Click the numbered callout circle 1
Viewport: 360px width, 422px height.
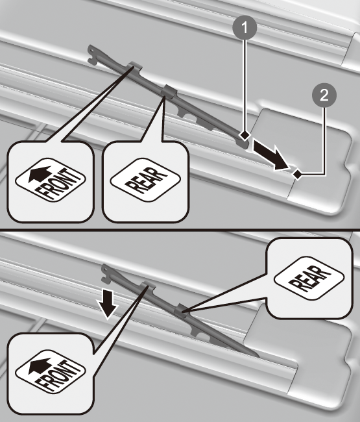[245, 27]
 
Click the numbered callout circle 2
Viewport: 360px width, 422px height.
[324, 95]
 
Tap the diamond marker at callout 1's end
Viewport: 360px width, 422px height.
[245, 136]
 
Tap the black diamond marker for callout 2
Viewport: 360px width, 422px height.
[297, 174]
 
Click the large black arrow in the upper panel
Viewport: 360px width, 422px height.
[271, 156]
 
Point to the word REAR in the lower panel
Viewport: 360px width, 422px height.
[309, 279]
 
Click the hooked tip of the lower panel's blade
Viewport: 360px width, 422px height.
[107, 273]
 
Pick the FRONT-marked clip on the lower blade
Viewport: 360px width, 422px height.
[148, 286]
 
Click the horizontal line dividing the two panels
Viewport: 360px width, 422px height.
[180, 229]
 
